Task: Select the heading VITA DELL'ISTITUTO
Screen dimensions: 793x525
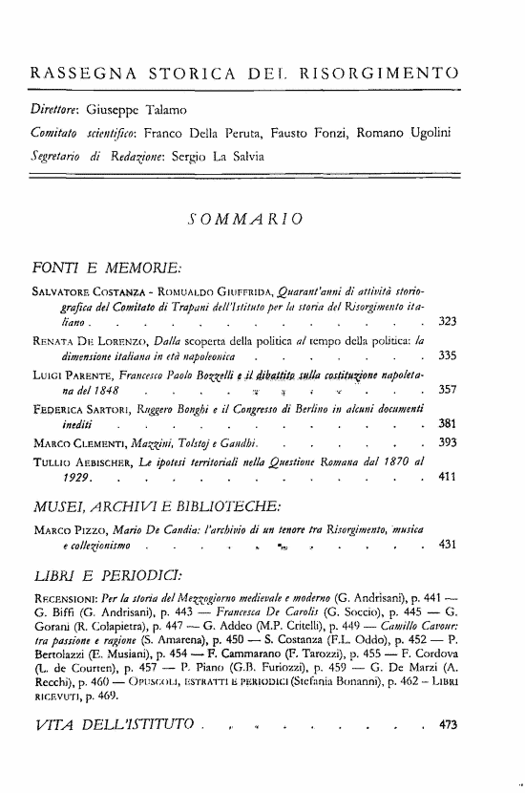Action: click(x=120, y=751)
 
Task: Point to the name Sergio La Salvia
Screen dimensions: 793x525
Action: click(x=208, y=155)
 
